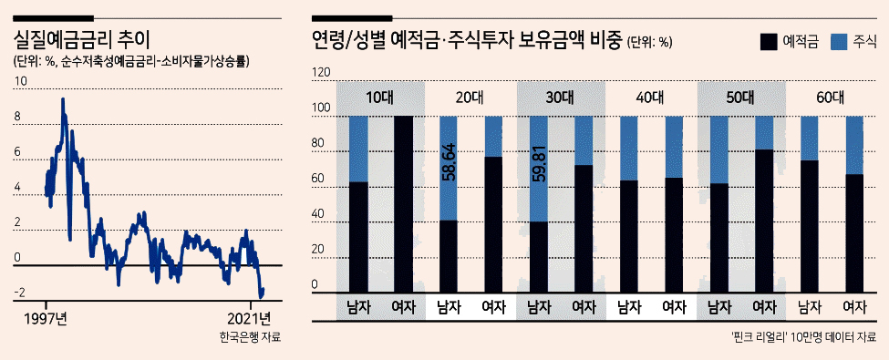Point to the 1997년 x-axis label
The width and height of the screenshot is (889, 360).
(46, 318)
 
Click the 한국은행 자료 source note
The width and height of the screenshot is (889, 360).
(250, 338)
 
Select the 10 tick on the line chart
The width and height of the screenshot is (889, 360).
(20, 81)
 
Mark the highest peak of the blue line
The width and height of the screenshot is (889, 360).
(62, 99)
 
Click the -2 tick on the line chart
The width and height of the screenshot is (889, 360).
(20, 293)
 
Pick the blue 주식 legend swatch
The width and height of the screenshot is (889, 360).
(839, 42)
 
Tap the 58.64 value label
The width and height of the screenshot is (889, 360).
(449, 163)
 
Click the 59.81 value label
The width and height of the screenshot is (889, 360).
(539, 164)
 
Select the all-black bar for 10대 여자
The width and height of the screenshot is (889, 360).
(403, 204)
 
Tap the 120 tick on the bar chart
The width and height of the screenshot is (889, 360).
(321, 74)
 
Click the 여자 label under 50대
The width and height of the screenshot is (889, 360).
(764, 308)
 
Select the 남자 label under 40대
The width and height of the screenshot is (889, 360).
(629, 308)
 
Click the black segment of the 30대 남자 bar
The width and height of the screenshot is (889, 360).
(539, 257)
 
